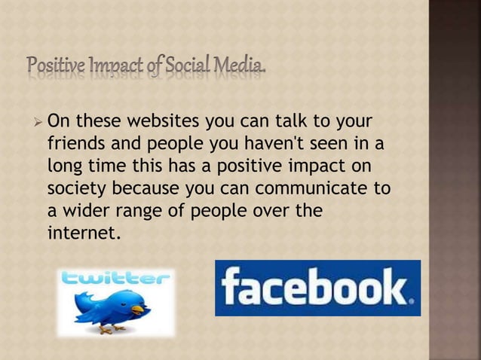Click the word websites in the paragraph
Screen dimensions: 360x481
coord(155,122)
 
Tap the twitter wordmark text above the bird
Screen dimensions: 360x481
coord(116,280)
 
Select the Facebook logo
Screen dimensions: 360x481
coord(317,288)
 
